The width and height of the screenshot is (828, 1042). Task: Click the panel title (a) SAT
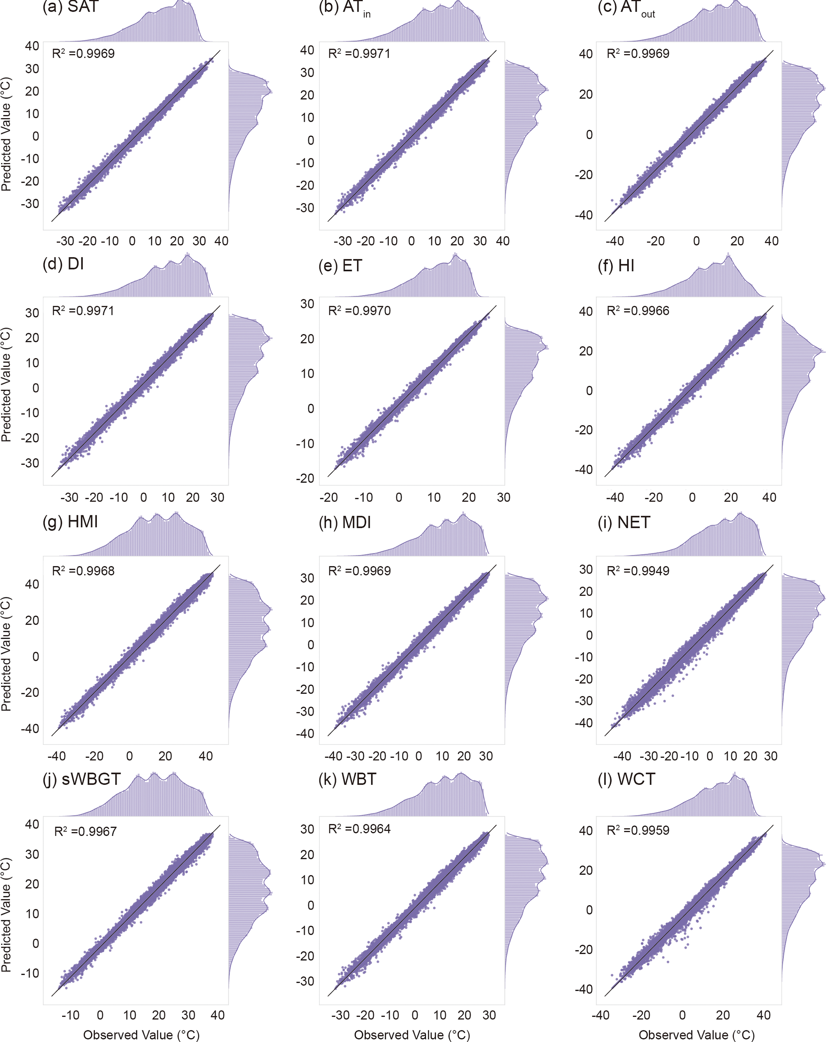[x=71, y=7]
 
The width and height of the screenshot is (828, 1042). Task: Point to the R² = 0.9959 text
[x=638, y=830]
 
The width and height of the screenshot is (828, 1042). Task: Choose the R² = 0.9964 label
[x=359, y=829]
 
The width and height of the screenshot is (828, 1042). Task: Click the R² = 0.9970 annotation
[x=359, y=311]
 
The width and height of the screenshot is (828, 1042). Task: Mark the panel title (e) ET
[x=340, y=266]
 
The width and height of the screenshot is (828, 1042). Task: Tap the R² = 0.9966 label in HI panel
[x=638, y=311]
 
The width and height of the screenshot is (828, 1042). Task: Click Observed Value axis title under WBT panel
[x=412, y=1035]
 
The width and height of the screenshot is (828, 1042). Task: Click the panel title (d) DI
[x=63, y=264]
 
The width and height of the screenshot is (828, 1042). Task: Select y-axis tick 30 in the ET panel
[x=307, y=304]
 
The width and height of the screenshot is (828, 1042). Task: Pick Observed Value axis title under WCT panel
[x=696, y=1035]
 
